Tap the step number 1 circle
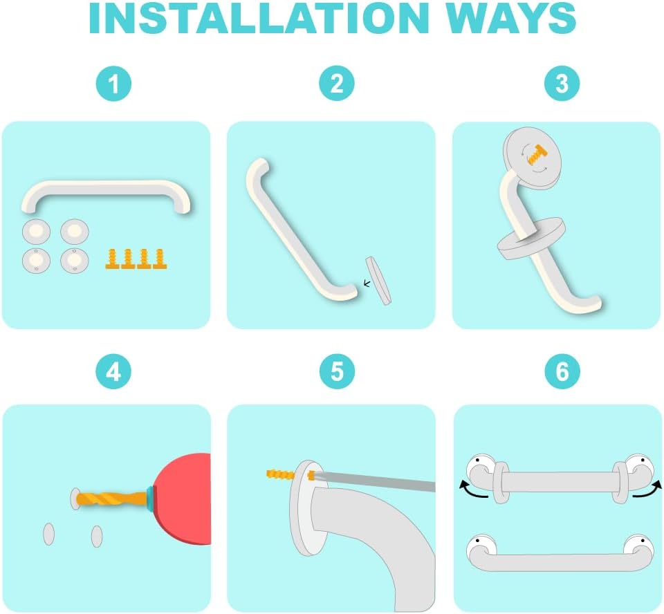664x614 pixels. [113, 84]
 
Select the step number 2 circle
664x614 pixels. [337, 83]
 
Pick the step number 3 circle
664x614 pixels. [562, 83]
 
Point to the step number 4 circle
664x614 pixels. [113, 372]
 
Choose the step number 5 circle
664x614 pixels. [337, 371]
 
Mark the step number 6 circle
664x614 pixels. [562, 371]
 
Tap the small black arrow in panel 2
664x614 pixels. [367, 283]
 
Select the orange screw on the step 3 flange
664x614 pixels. [537, 155]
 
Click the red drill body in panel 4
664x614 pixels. [184, 499]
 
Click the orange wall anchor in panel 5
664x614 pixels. [280, 474]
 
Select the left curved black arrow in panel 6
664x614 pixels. [473, 490]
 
